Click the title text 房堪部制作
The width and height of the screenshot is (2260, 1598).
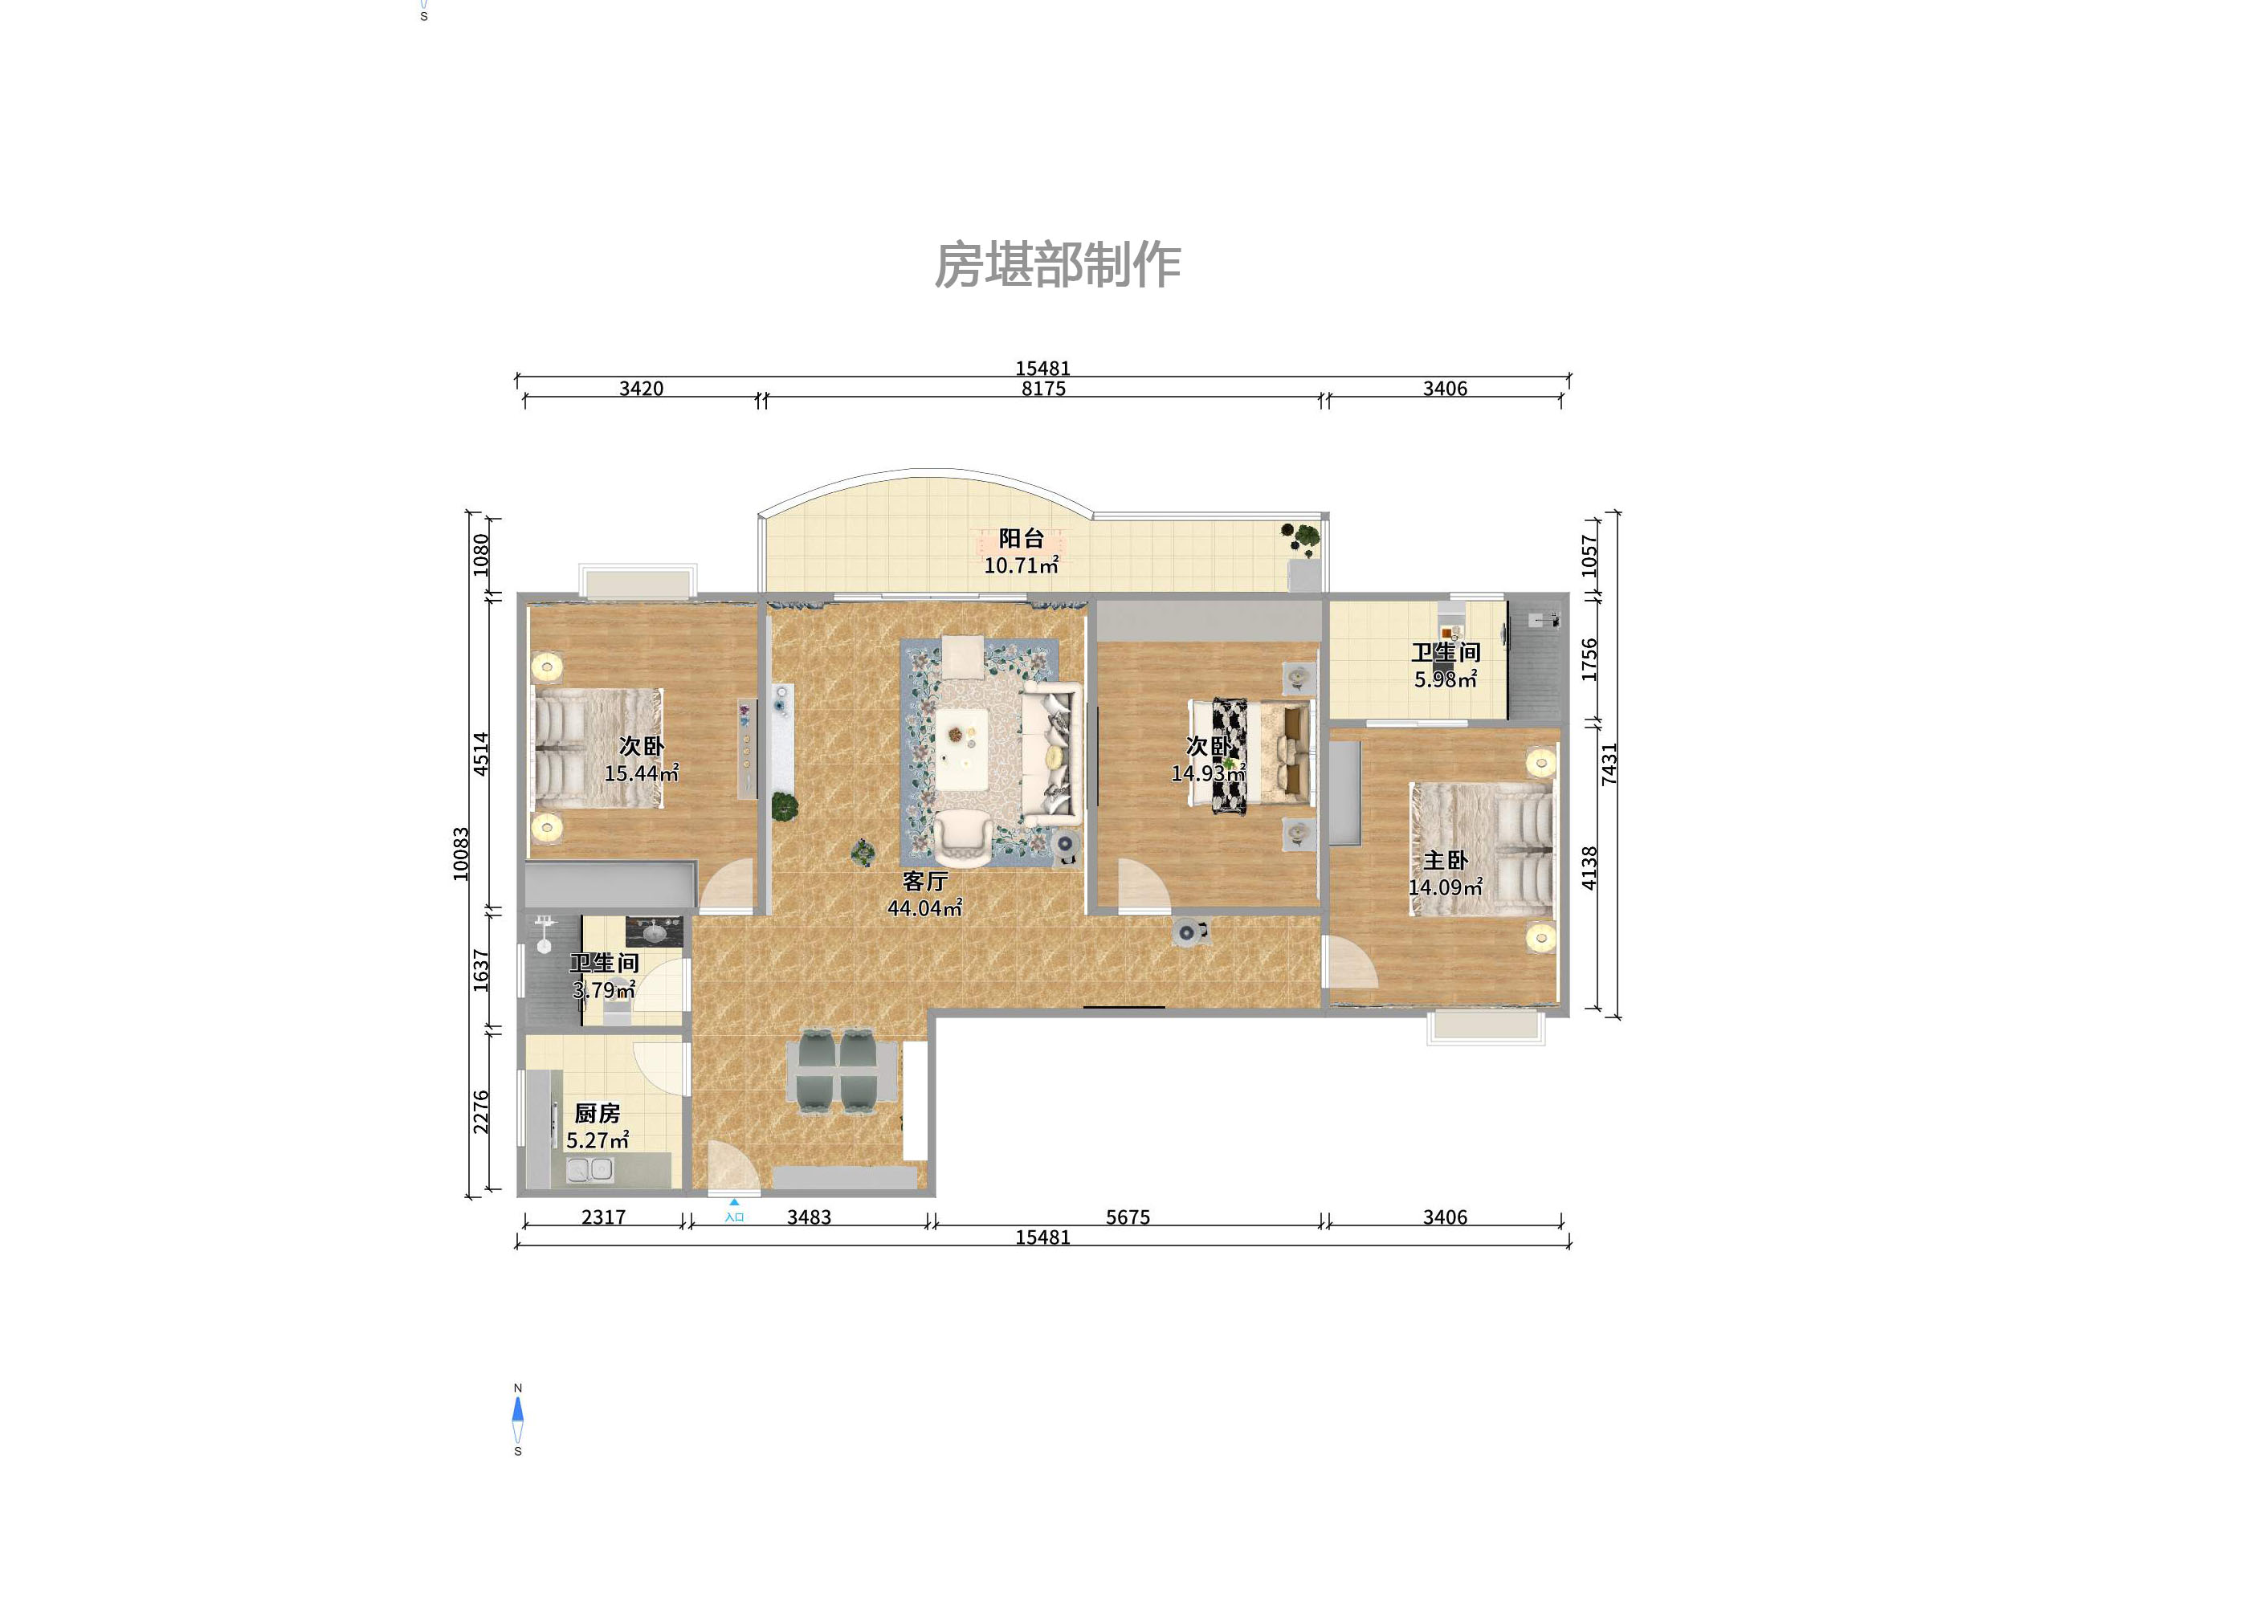point(1057,266)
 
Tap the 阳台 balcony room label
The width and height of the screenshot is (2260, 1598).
point(1021,538)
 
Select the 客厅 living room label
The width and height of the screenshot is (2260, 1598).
point(924,881)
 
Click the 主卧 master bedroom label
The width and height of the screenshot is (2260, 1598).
point(1445,860)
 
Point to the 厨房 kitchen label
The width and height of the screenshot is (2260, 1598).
point(597,1113)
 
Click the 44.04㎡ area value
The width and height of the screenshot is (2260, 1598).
point(924,908)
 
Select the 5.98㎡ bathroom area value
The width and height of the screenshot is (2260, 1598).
point(1445,679)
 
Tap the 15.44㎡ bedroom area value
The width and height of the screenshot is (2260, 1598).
point(641,773)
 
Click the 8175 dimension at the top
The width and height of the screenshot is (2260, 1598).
point(1043,389)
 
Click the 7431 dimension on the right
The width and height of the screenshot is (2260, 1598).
point(1609,764)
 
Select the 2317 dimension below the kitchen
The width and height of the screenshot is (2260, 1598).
point(603,1217)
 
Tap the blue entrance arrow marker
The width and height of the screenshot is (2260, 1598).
point(733,1201)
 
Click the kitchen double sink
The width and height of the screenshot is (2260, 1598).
point(589,1170)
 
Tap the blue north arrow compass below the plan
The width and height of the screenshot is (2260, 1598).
point(518,1411)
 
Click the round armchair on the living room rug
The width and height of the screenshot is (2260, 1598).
point(963,838)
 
